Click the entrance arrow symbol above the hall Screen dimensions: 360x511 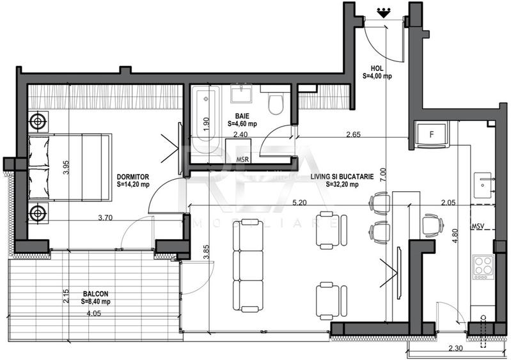pos(384,10)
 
